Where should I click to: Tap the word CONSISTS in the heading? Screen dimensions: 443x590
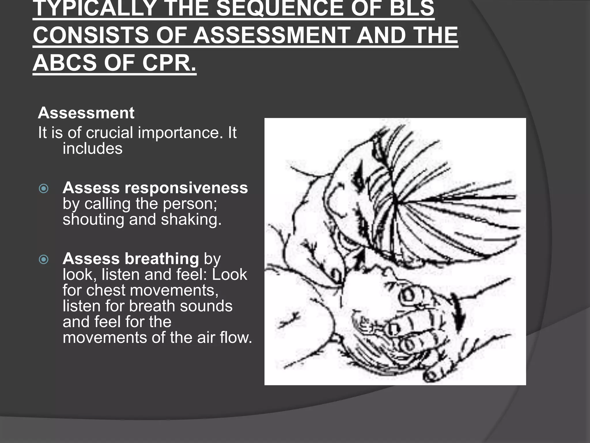[91, 35]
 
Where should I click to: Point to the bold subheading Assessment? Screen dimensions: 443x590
[86, 113]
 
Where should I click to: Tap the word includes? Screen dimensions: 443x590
[92, 149]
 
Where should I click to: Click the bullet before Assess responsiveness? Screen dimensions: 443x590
[44, 189]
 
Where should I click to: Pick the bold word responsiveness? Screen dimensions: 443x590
[186, 188]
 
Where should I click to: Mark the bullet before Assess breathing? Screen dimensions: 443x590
[44, 260]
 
